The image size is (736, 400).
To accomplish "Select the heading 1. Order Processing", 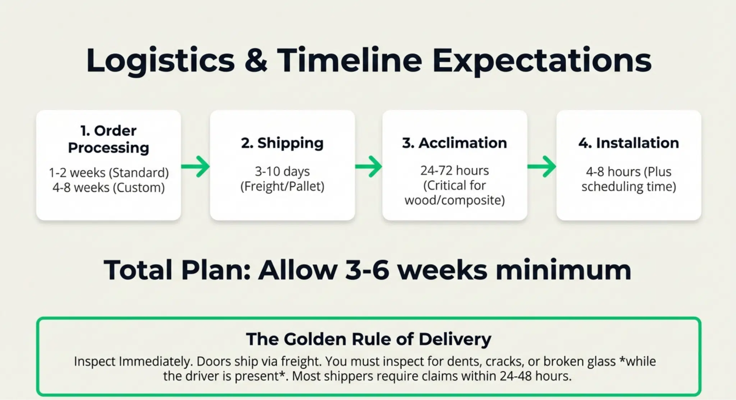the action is click(109, 139).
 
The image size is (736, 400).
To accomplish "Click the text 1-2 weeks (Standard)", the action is click(109, 173).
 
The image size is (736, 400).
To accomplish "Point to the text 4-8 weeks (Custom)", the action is click(109, 188).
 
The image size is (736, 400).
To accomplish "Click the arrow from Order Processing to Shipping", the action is click(195, 166).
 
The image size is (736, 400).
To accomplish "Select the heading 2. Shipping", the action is click(282, 143).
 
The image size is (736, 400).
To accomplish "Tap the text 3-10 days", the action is click(282, 171).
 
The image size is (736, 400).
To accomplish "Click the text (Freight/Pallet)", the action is click(282, 187).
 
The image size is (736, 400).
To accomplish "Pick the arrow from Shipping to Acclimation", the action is click(368, 166).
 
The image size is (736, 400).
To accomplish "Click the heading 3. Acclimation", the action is click(455, 143).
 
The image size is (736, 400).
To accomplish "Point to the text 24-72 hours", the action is click(455, 170).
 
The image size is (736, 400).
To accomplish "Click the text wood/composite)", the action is click(455, 200).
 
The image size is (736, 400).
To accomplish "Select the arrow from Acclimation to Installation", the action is click(542, 166).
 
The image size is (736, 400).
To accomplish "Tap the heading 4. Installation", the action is click(629, 143).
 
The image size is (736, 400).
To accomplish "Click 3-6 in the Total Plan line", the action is click(367, 270).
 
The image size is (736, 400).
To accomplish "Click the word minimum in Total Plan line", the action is click(563, 270).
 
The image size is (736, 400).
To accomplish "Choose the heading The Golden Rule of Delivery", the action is click(368, 339).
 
